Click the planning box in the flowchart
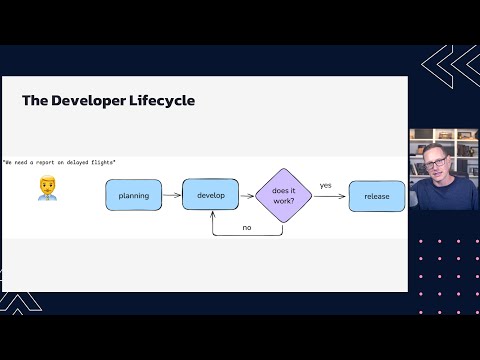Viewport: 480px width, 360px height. [133, 195]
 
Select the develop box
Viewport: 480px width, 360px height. [210, 194]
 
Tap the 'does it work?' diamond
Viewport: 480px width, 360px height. [283, 195]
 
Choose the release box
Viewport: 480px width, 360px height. [377, 196]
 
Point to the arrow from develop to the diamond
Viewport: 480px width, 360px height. [246, 195]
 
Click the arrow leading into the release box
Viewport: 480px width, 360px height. [330, 196]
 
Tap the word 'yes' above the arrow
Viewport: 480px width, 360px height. [326, 185]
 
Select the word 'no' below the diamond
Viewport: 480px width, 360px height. [246, 227]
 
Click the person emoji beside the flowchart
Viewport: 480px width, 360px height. [47, 189]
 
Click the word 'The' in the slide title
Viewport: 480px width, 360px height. [35, 101]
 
